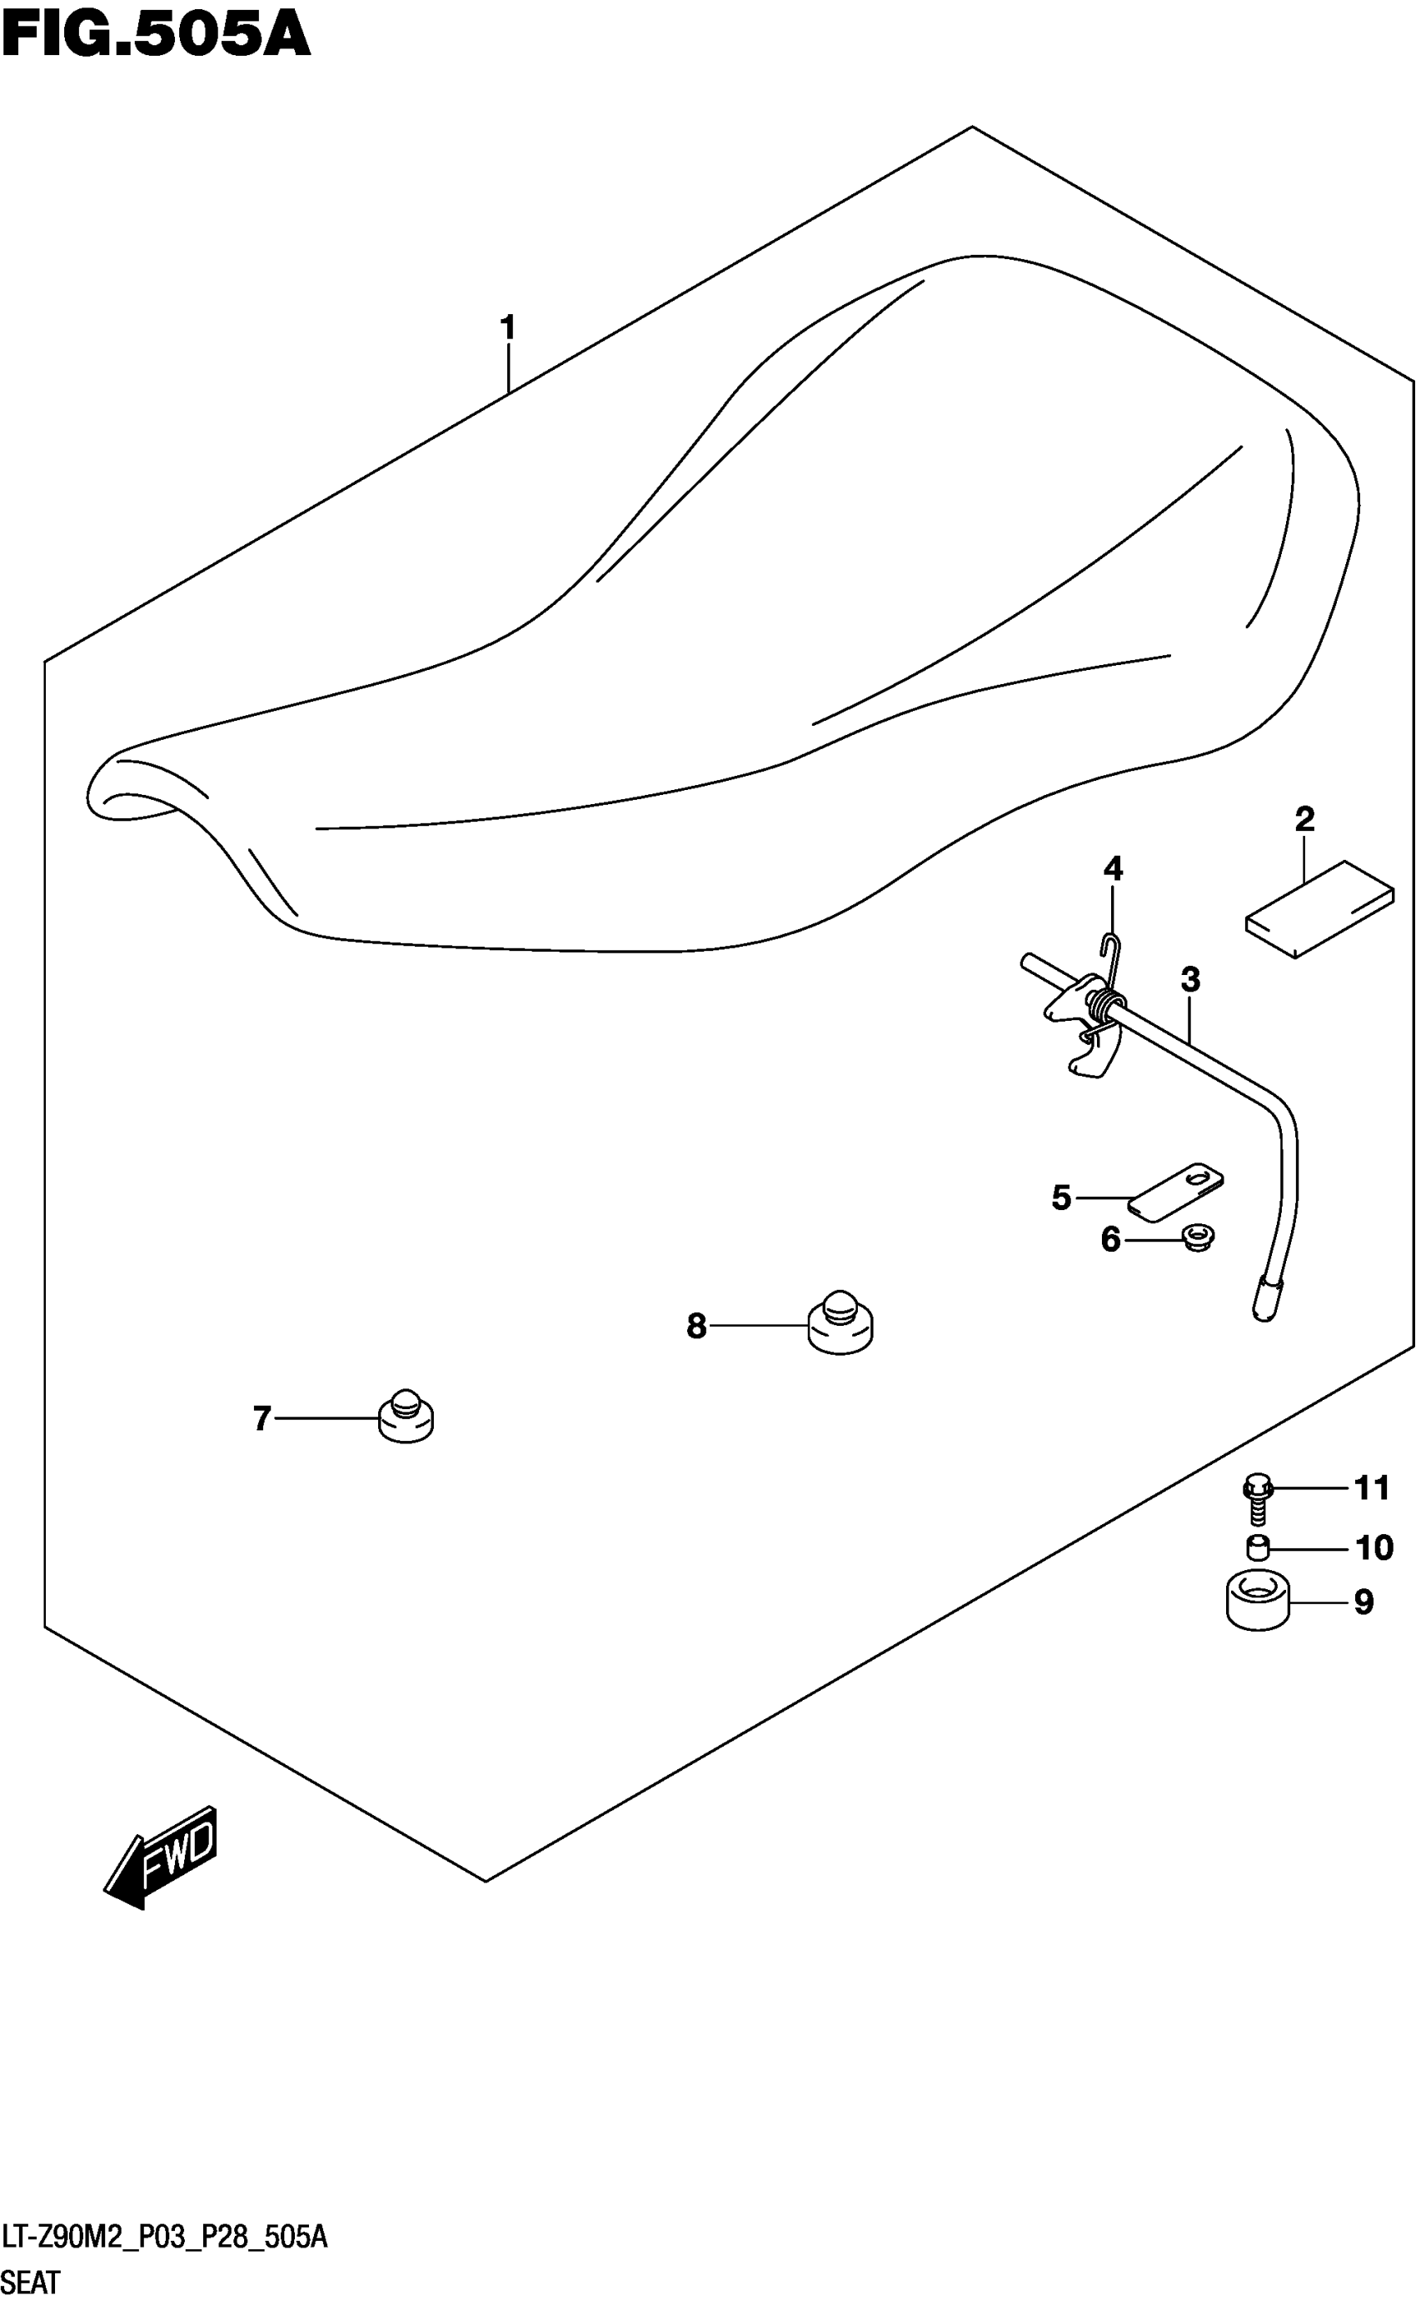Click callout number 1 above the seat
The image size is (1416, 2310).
point(507,328)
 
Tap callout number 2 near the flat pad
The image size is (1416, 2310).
point(1304,819)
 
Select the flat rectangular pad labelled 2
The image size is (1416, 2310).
point(1319,908)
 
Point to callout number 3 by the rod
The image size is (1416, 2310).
point(1189,980)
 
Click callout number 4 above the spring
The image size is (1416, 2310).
point(1112,869)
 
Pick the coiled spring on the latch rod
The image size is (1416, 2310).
point(1103,1005)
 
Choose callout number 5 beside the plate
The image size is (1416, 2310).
point(1061,1197)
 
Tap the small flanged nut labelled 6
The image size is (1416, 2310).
point(1197,1237)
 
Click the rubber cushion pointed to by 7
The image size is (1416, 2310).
point(406,1417)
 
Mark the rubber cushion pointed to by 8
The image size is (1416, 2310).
point(840,1322)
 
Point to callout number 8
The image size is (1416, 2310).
point(696,1326)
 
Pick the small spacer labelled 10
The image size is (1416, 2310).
point(1257,1547)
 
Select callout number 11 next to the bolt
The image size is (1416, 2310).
point(1372,1487)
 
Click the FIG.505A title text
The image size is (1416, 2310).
point(156,36)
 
